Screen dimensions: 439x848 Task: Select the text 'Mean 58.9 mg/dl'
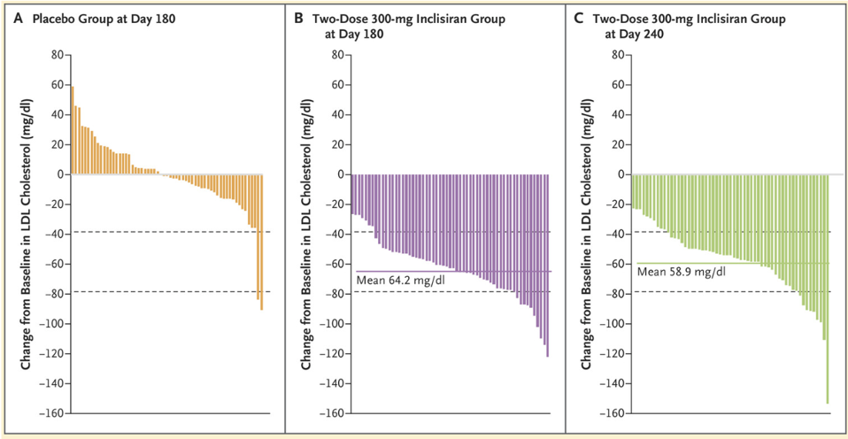(679, 272)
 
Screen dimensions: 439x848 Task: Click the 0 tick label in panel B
(338, 174)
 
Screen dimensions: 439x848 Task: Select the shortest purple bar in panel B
(353, 194)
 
